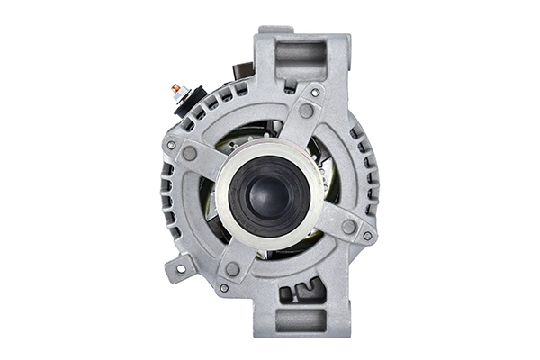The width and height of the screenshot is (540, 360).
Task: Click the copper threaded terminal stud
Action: tap(175, 88)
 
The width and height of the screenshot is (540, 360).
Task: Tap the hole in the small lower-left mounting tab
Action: tap(181, 265)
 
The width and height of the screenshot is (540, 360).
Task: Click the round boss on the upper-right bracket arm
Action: tap(306, 111)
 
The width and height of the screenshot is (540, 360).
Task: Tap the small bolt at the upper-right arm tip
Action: tap(315, 91)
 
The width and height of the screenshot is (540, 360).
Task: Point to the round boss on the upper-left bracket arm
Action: tap(190, 154)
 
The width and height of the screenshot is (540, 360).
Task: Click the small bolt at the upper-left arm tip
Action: tap(171, 145)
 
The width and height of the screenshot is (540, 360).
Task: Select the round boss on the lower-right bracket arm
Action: tap(347, 227)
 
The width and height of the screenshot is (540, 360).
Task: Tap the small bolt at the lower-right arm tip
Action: tap(367, 236)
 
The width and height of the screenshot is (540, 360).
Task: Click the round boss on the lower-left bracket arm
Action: tap(232, 269)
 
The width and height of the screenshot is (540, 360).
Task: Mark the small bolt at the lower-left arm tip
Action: tap(223, 288)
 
